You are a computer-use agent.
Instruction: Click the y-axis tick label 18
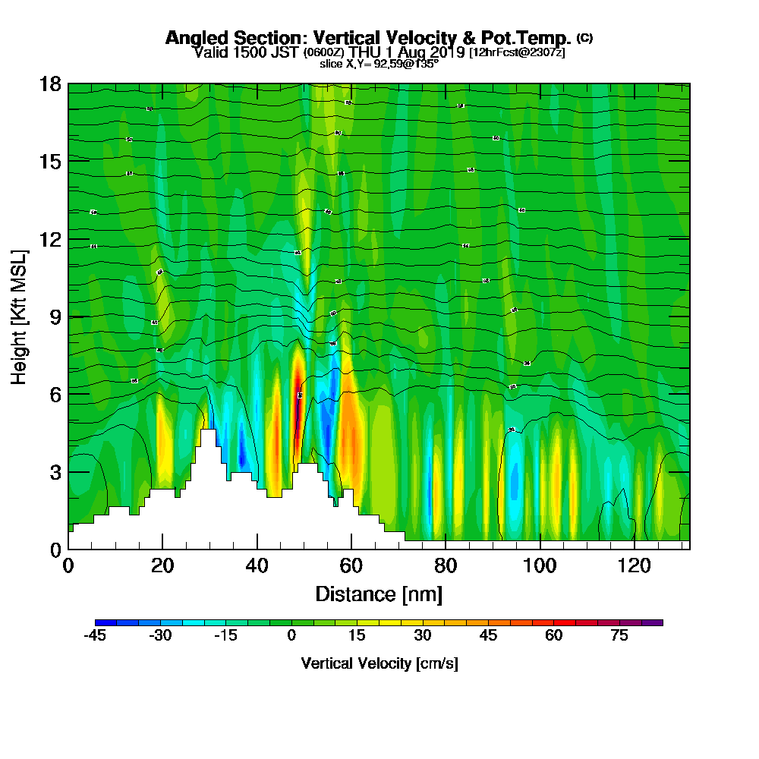tap(50, 83)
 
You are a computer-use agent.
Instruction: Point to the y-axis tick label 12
tap(50, 239)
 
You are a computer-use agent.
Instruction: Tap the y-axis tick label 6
tap(54, 394)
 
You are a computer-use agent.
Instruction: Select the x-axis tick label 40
tap(257, 565)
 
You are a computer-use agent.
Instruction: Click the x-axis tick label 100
tap(540, 565)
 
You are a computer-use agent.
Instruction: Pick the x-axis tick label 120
tap(634, 565)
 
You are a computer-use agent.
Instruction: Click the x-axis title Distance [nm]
tap(379, 594)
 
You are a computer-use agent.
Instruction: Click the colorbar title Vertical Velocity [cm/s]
tap(379, 663)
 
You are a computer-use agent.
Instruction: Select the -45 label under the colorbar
tap(95, 636)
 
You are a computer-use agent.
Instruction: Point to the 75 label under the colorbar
tap(619, 636)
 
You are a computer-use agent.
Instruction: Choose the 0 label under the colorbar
tap(291, 636)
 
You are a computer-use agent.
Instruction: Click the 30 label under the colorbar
tap(423, 636)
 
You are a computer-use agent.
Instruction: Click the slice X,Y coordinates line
tap(379, 64)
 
